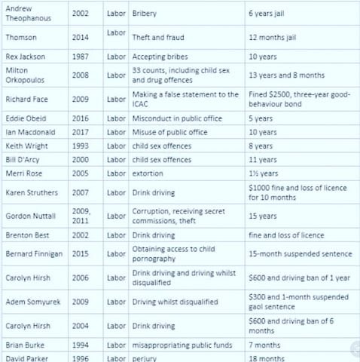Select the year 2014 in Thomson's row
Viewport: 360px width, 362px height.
81,37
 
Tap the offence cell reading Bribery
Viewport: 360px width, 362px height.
145,14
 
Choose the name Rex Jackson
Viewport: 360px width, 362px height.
26,57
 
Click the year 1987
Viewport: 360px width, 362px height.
81,57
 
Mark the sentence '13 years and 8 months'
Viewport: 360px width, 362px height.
286,75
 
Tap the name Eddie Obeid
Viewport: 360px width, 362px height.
26,118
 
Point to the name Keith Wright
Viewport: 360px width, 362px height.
27,146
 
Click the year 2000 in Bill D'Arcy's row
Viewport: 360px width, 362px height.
81,159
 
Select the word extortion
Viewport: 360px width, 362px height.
148,173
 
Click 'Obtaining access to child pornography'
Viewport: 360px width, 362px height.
173,254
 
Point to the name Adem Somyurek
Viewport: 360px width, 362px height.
32,302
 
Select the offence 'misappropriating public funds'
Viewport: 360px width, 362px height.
178,345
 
